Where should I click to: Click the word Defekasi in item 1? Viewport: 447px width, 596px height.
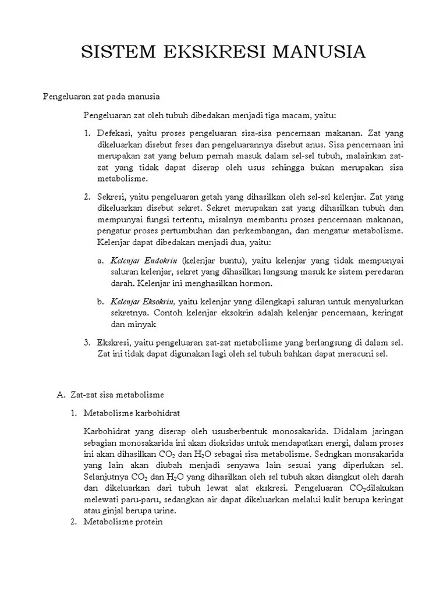point(114,133)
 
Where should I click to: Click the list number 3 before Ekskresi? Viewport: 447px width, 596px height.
point(87,343)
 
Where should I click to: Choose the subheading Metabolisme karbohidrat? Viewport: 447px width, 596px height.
point(132,413)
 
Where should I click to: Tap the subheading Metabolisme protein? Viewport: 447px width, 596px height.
point(123,522)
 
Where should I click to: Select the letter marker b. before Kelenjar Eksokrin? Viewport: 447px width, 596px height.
point(101,302)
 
